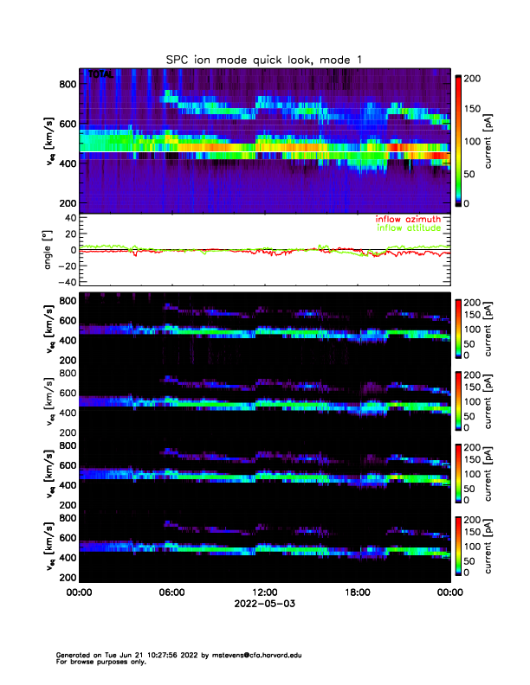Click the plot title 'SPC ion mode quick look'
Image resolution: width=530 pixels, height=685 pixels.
[264, 59]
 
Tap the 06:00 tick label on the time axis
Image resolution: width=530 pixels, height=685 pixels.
[171, 593]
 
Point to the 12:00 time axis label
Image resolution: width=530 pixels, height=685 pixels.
[265, 593]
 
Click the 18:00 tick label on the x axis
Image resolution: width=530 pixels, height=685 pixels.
[358, 593]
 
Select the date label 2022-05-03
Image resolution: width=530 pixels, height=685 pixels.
[264, 605]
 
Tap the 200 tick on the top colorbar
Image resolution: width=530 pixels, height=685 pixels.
[472, 78]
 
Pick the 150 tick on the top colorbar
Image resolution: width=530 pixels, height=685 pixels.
[472, 109]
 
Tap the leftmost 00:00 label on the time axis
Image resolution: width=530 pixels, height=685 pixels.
[80, 593]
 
